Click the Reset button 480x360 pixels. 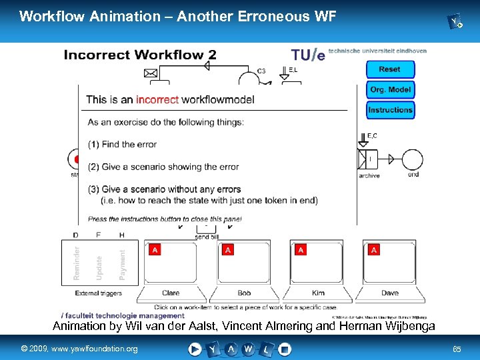coord(390,69)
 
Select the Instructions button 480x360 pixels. coord(390,110)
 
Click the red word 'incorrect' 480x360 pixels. coord(157,100)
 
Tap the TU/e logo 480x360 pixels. coord(307,54)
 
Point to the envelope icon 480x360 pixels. coord(151,72)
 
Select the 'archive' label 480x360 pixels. coord(369,176)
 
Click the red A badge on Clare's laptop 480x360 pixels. coord(155,250)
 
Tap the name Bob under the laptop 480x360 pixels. coord(245,293)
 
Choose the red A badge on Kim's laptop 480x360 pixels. coord(301,250)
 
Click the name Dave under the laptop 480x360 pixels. coord(390,293)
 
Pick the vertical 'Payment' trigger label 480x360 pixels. coord(122,265)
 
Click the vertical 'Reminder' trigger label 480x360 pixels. coord(77,263)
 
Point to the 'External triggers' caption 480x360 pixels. coord(99,293)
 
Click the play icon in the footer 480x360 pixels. coord(195,348)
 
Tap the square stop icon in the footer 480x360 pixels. coord(285,348)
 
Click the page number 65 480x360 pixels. coord(457,349)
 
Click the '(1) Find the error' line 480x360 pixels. coord(122,144)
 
